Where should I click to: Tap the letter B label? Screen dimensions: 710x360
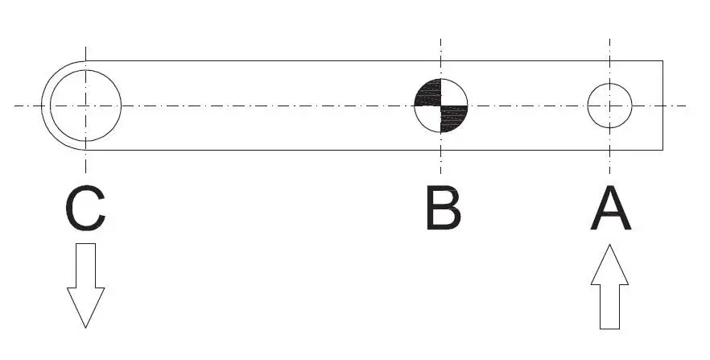pyautogui.click(x=444, y=209)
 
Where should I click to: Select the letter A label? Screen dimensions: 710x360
pyautogui.click(x=611, y=209)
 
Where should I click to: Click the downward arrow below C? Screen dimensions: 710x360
pyautogui.click(x=85, y=285)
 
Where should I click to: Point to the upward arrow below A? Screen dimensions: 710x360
pyautogui.click(x=609, y=287)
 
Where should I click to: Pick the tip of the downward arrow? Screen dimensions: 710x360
pyautogui.click(x=85, y=328)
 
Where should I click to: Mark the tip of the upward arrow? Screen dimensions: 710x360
pyautogui.click(x=609, y=245)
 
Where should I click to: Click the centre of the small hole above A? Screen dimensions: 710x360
pyautogui.click(x=609, y=106)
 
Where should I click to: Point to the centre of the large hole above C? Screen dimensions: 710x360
pyautogui.click(x=85, y=106)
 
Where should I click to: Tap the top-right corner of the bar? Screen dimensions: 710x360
pyautogui.click(x=663, y=60)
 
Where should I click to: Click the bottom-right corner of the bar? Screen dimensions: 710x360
pyautogui.click(x=663, y=150)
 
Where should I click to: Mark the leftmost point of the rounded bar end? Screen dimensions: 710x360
pyautogui.click(x=41, y=106)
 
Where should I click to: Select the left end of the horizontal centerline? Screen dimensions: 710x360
pyautogui.click(x=14, y=106)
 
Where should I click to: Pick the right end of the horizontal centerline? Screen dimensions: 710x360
pyautogui.click(x=687, y=106)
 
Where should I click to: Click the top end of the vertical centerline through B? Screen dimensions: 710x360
pyautogui.click(x=440, y=39)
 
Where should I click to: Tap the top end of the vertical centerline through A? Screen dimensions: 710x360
pyautogui.click(x=609, y=39)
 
